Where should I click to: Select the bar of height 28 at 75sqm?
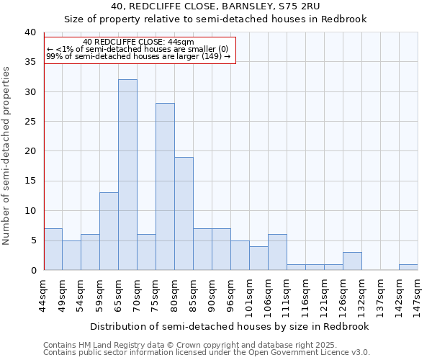165,186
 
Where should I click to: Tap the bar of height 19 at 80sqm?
184,213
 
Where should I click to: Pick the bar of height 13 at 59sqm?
109,231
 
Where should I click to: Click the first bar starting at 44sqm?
53,249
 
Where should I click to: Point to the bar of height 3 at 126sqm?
352,261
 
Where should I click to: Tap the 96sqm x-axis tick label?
231,294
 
